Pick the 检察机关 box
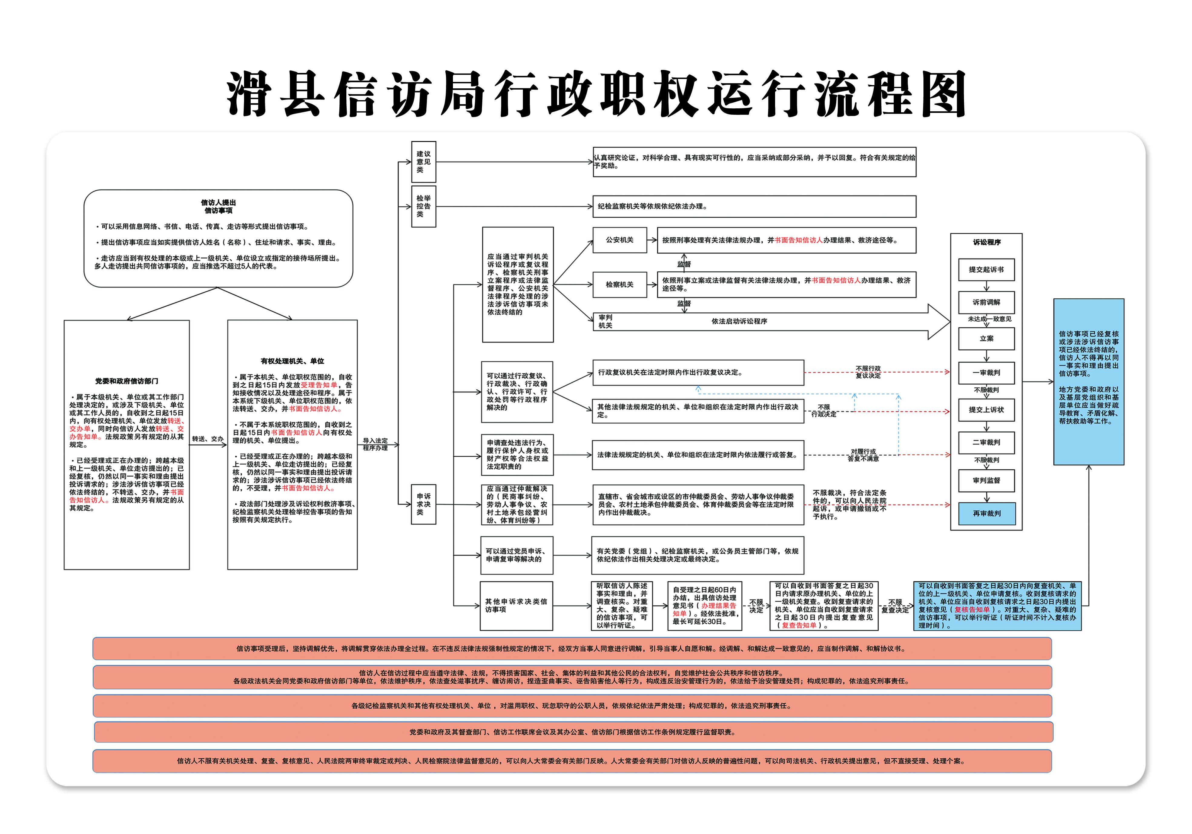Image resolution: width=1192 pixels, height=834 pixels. tap(620, 284)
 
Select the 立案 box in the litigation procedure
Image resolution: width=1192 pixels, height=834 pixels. tap(986, 338)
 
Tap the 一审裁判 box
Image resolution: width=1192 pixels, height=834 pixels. tap(986, 373)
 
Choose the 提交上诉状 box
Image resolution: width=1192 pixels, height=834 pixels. tap(986, 409)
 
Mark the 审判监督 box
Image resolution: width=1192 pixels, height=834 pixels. tap(986, 481)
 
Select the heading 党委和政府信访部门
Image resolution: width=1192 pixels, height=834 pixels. tap(127, 381)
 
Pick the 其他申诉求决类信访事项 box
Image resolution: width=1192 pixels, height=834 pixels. tap(516, 606)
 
